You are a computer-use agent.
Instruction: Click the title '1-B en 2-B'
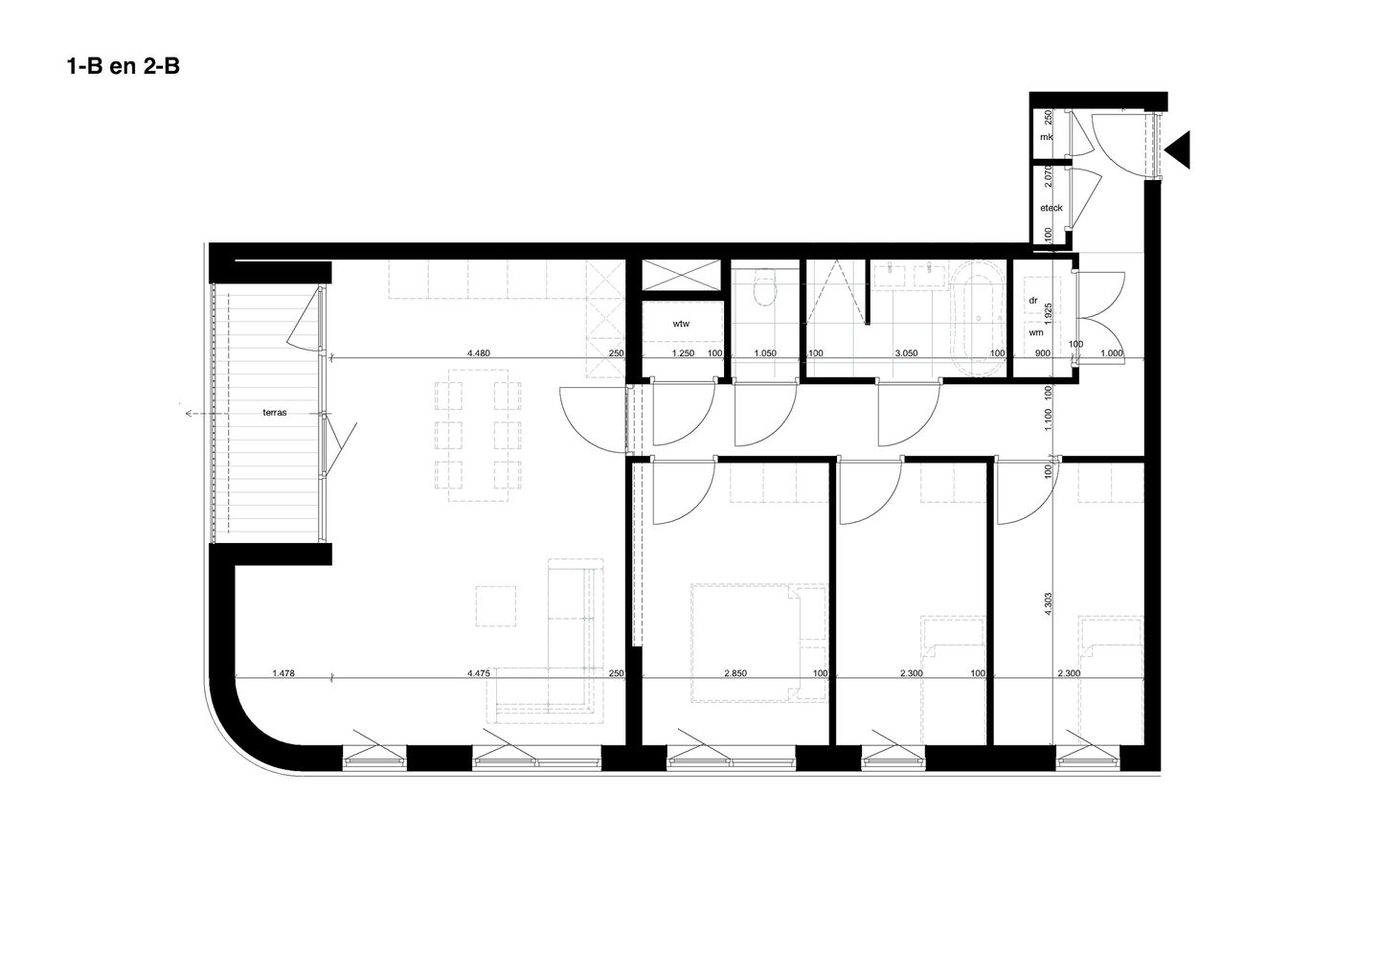123,67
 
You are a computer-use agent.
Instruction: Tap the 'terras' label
276,413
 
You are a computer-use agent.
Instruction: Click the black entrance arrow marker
1178,148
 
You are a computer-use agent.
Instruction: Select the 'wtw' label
681,324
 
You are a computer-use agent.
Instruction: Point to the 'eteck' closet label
1051,207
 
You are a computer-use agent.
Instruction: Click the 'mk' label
1047,138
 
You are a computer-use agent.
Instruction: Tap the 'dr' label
1033,300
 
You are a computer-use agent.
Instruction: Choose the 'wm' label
1035,332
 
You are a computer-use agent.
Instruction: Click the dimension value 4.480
479,353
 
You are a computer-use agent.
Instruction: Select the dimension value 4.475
479,673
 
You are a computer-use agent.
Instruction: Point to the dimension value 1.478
282,673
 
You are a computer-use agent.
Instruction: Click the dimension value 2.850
735,673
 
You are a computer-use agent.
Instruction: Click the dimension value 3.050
906,353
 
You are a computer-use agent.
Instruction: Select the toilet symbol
763,287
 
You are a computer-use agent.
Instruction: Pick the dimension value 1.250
682,353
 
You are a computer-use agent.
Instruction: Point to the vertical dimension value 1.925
1050,315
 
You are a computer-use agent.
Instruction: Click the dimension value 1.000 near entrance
1111,353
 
